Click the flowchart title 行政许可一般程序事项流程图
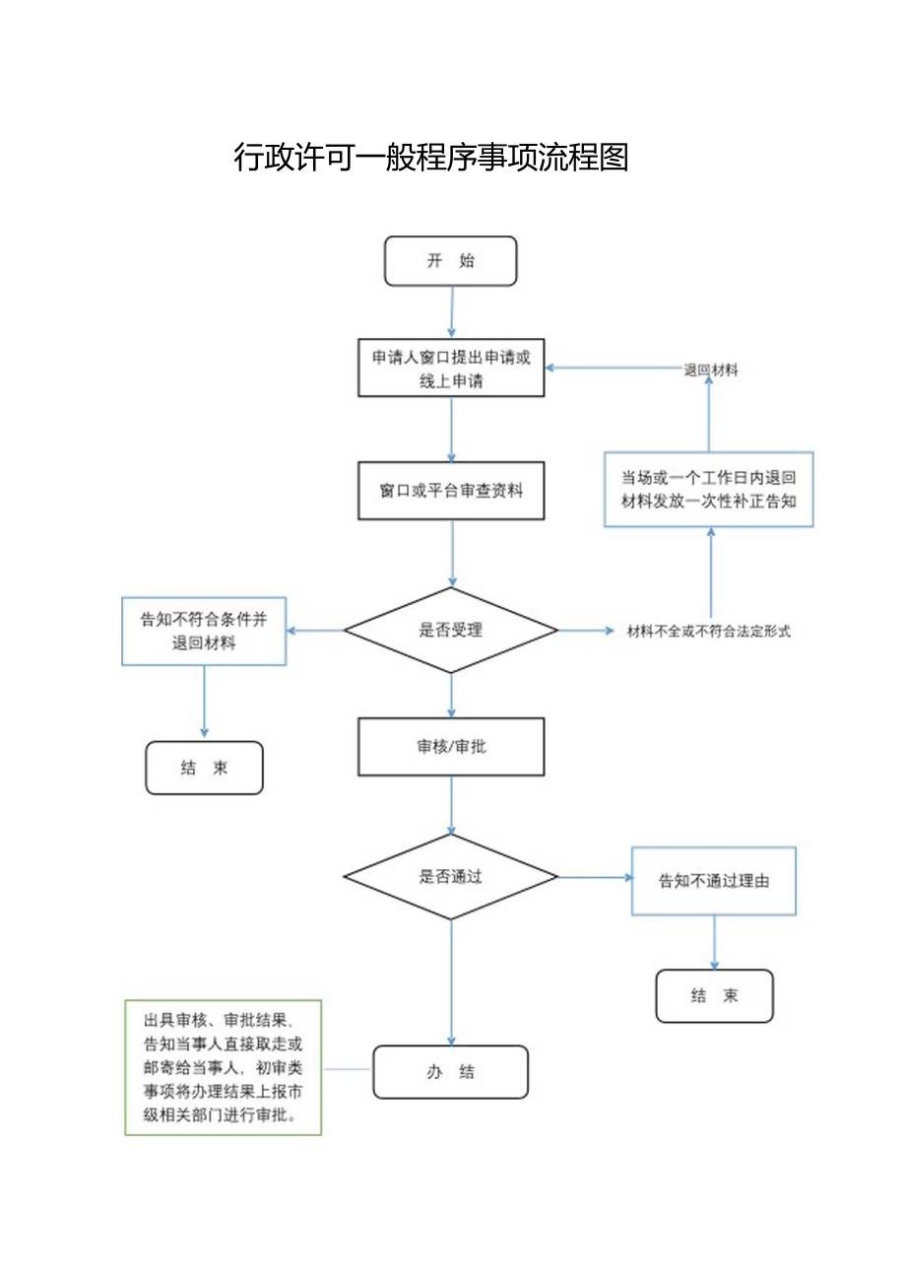tap(431, 158)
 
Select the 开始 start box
tap(450, 261)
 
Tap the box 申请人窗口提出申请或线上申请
tap(451, 369)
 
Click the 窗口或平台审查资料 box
tap(451, 490)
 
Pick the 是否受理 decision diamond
tap(451, 631)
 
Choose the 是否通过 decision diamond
tap(451, 877)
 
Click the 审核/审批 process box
tap(451, 747)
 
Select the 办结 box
tap(450, 1072)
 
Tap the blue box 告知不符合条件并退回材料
tap(204, 631)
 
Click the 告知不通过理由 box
tap(713, 881)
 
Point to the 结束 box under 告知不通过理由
tap(714, 996)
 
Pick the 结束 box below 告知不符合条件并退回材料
tap(204, 768)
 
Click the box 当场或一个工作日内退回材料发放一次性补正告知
tap(709, 490)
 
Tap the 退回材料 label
tap(711, 371)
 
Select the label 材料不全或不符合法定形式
tap(709, 632)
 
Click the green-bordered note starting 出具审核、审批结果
tap(223, 1067)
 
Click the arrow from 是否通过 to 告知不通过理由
tap(595, 877)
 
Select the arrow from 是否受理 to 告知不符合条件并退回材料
tap(315, 631)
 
